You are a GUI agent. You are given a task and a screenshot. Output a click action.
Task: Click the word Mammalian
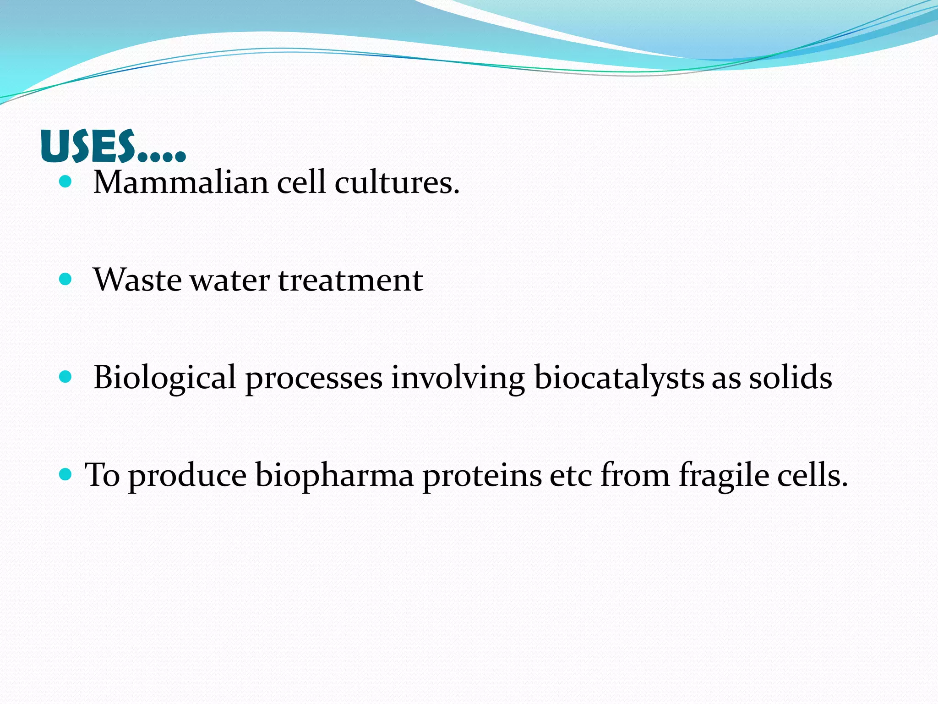(x=180, y=182)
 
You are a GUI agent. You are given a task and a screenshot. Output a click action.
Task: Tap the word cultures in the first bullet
(x=397, y=182)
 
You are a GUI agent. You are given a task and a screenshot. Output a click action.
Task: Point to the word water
(x=229, y=280)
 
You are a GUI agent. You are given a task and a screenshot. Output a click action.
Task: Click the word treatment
(x=350, y=280)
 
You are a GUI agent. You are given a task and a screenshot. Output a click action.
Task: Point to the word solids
(x=791, y=378)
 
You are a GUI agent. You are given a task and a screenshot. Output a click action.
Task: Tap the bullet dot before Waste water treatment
(x=66, y=280)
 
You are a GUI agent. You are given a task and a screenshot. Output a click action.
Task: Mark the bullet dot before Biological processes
(x=66, y=377)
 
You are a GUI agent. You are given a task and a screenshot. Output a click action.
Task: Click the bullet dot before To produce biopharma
(x=66, y=474)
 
